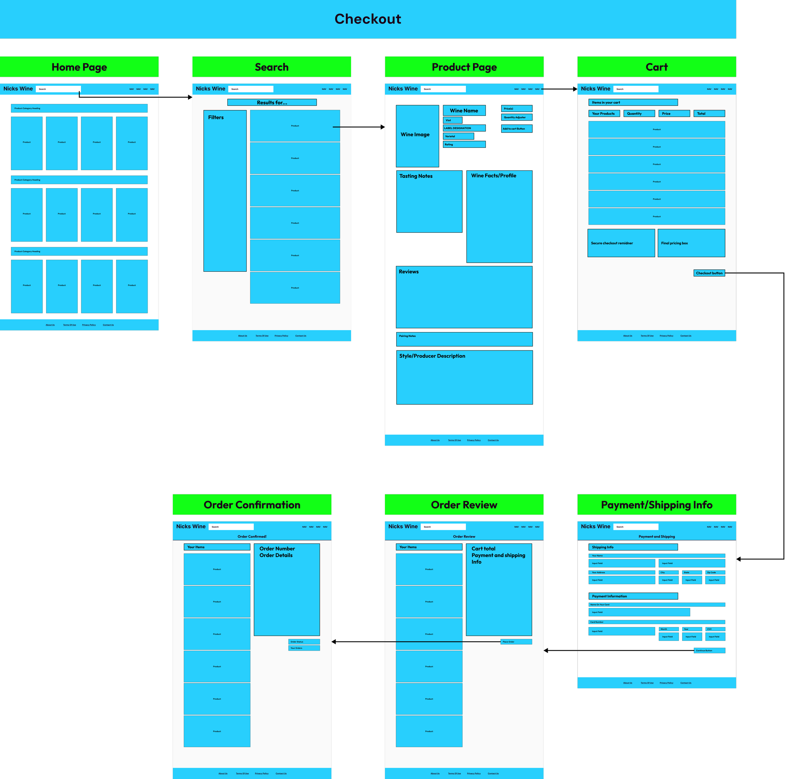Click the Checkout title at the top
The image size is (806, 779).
point(368,19)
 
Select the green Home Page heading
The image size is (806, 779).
point(79,67)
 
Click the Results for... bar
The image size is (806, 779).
point(272,103)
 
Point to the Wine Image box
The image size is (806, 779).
point(417,136)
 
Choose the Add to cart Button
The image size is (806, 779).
point(516,129)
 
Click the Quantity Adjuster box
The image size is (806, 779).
point(516,117)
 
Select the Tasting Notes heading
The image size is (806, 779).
point(416,176)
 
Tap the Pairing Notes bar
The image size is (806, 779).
point(464,339)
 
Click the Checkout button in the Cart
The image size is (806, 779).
point(709,273)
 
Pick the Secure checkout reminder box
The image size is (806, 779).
point(621,243)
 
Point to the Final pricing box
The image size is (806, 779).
point(691,243)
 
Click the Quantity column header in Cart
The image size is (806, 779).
point(639,114)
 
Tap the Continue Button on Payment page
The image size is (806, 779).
point(709,651)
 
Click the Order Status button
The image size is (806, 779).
point(304,642)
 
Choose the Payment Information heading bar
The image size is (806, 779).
point(633,596)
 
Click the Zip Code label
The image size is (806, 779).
point(715,572)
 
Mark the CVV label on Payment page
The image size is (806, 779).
point(715,629)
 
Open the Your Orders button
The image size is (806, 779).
point(304,648)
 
